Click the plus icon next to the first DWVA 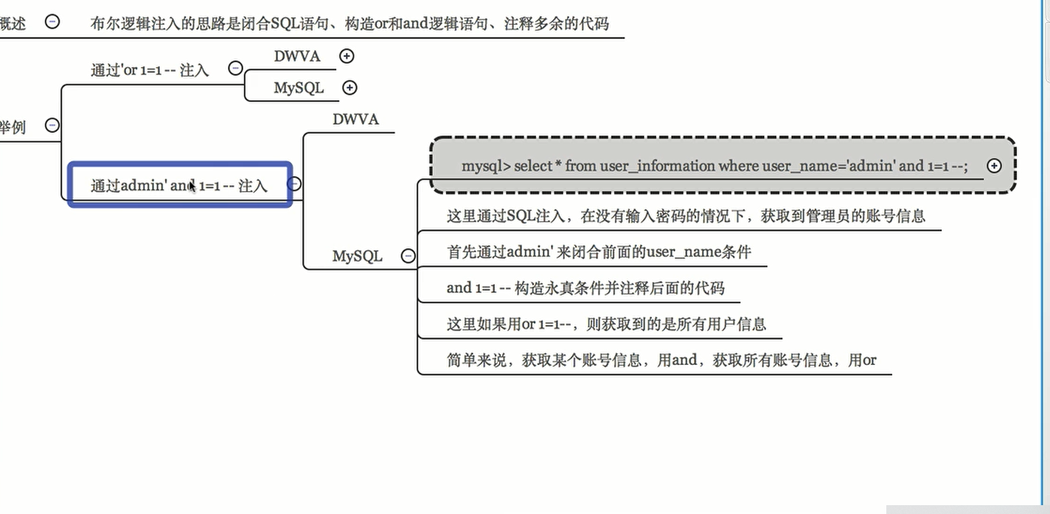point(347,55)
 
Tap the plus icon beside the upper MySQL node point(350,88)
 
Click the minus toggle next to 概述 point(52,21)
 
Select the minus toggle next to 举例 point(52,125)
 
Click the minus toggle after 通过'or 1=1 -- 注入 point(235,69)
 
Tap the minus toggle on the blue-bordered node point(293,184)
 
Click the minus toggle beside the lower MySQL point(408,256)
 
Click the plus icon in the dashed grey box point(994,166)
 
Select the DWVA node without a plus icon point(355,119)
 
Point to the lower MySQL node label point(357,256)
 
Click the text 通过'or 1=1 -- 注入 point(150,70)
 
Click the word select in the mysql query point(533,166)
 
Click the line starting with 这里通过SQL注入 point(686,216)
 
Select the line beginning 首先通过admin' point(599,252)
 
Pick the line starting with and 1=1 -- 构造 point(585,288)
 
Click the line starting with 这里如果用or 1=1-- point(606,324)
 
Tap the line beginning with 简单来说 point(661,360)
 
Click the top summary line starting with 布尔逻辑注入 point(350,23)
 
